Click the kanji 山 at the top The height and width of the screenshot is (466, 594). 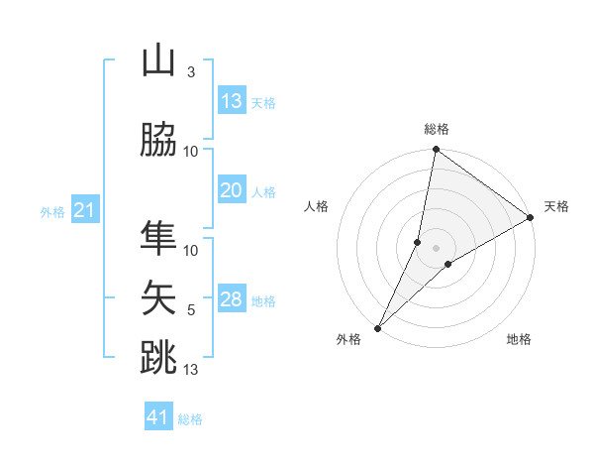point(158,61)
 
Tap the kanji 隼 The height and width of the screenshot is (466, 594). point(158,239)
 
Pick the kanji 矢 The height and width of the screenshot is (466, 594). point(158,296)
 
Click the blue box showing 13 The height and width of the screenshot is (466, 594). point(232,101)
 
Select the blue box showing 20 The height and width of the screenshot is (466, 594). point(232,190)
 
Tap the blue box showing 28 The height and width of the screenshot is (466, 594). point(232,299)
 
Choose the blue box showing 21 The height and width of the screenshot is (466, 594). point(85,210)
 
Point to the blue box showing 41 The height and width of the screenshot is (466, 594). point(159,417)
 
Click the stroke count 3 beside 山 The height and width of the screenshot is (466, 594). point(191,72)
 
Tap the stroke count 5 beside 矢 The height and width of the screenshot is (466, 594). point(191,310)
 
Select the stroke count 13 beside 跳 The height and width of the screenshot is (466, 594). point(191,370)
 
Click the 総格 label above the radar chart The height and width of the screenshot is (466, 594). point(437,129)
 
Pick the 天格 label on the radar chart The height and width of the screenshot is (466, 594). point(556,206)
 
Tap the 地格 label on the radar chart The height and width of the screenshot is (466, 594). point(519,339)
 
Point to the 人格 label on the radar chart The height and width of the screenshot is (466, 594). point(317,206)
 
